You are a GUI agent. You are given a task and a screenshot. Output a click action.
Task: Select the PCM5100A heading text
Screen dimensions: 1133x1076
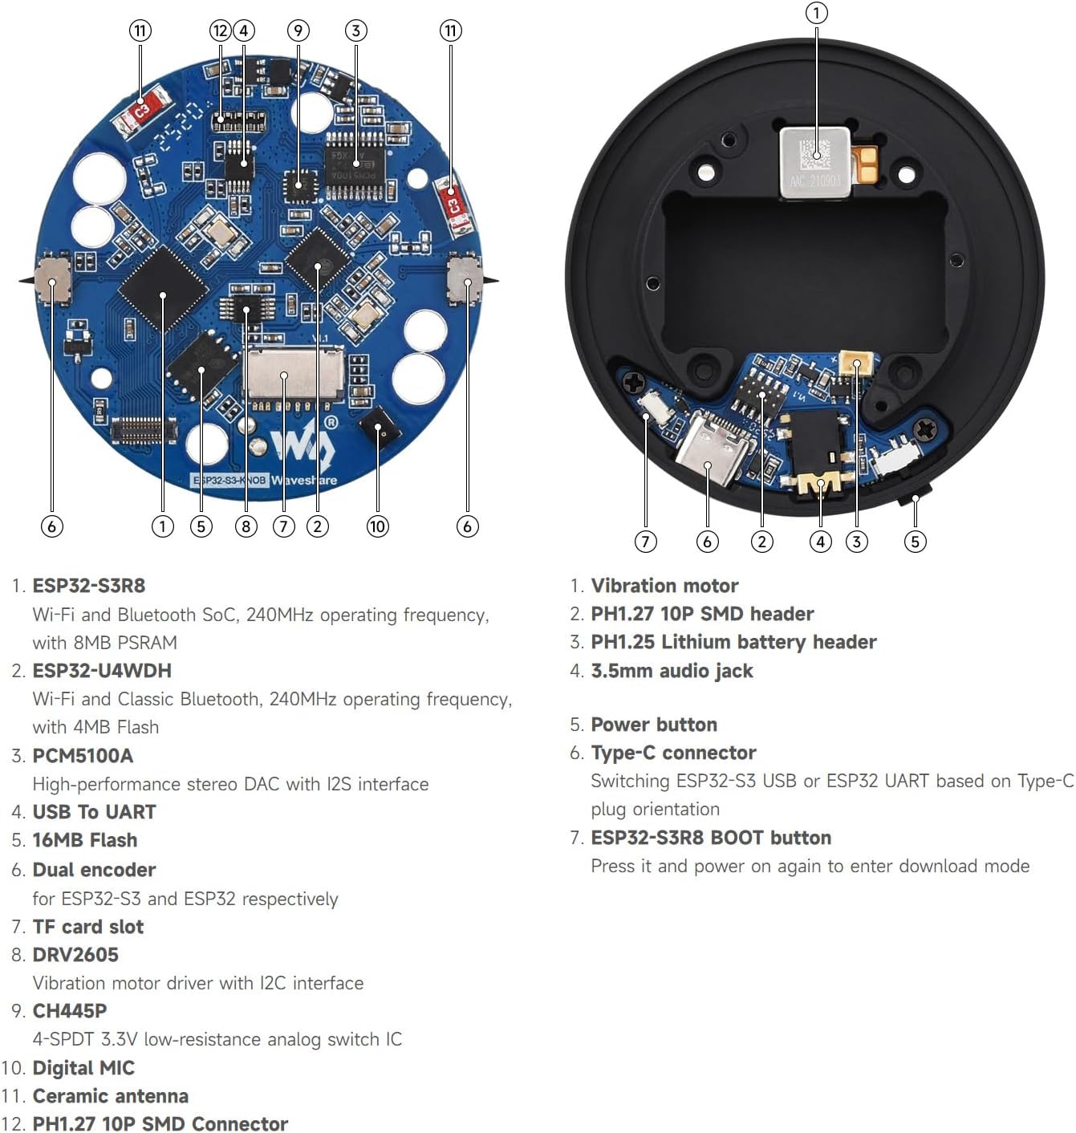pyautogui.click(x=83, y=756)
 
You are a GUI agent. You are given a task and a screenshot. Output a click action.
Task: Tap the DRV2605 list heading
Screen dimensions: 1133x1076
pyautogui.click(x=75, y=955)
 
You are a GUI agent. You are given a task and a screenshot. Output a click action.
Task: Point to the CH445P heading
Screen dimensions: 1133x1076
pyautogui.click(x=70, y=1011)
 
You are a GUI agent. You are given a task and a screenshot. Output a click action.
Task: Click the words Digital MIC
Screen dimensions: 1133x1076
pyautogui.click(x=83, y=1068)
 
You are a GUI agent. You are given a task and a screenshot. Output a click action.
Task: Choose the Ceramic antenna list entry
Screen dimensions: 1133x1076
pyautogui.click(x=110, y=1096)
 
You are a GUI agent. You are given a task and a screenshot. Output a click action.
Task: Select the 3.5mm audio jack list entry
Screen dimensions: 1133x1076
pyautogui.click(x=672, y=671)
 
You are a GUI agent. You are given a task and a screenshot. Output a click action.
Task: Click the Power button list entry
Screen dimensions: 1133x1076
pyautogui.click(x=654, y=725)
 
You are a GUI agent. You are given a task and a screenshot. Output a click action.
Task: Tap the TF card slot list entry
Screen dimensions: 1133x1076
pyautogui.click(x=87, y=927)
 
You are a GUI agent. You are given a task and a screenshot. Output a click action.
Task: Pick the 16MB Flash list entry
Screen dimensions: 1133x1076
pyautogui.click(x=84, y=840)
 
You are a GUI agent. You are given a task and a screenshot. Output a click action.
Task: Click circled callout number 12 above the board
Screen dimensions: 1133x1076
pyautogui.click(x=220, y=30)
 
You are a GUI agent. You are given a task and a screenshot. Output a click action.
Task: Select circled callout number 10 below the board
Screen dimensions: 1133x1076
pyautogui.click(x=377, y=526)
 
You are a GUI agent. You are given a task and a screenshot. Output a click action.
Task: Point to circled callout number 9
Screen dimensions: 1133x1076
pyautogui.click(x=298, y=30)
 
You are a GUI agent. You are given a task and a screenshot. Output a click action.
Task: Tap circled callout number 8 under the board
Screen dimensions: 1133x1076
pyautogui.click(x=246, y=526)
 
